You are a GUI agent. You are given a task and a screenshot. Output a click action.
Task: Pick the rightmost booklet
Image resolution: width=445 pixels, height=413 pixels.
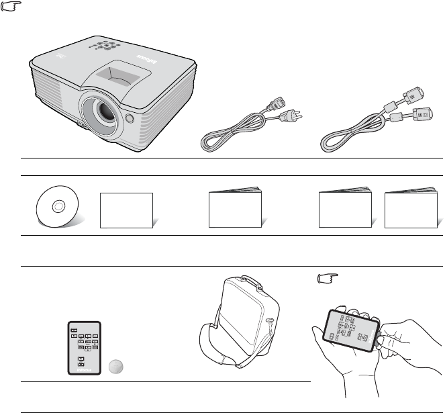coord(409,208)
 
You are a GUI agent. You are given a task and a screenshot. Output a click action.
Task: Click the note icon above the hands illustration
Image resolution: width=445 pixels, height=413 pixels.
coord(326,279)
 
